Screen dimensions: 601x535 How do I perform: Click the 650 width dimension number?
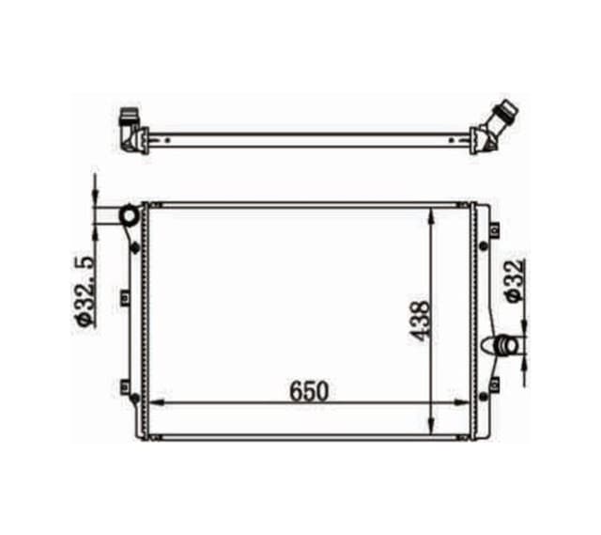(x=309, y=391)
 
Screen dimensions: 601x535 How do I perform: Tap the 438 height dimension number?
(x=420, y=321)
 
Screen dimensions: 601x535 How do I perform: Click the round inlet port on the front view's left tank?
(x=129, y=215)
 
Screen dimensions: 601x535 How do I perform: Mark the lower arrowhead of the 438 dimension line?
(x=432, y=424)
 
